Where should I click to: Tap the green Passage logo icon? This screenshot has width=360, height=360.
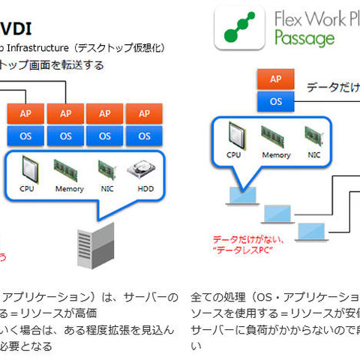pos(237,27)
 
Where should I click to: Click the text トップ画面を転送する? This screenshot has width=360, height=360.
pos(52,65)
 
